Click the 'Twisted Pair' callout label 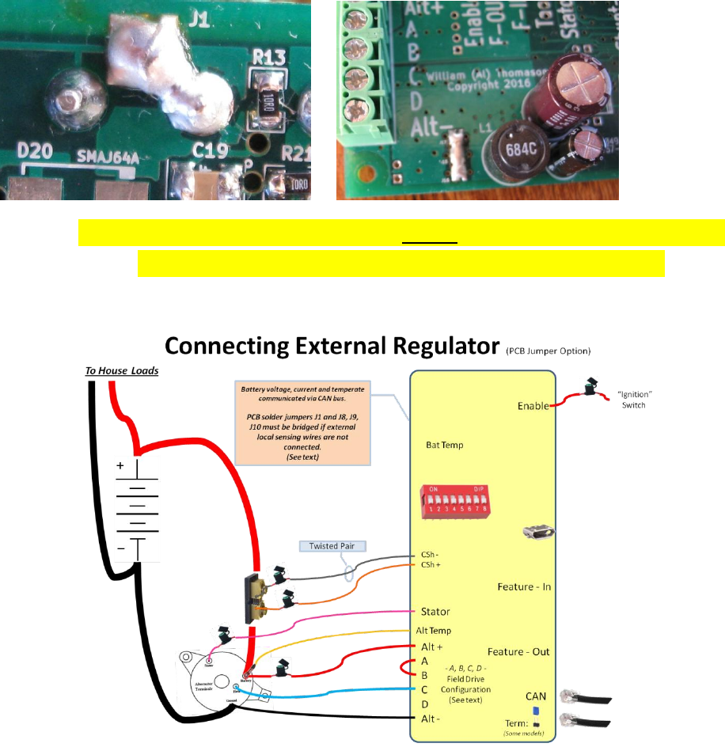pos(326,546)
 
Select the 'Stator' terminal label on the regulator pos(435,612)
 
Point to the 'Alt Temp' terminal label pos(434,631)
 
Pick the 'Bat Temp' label pos(445,445)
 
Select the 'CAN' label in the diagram pos(537,696)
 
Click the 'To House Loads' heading pos(122,370)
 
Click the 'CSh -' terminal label pos(427,555)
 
